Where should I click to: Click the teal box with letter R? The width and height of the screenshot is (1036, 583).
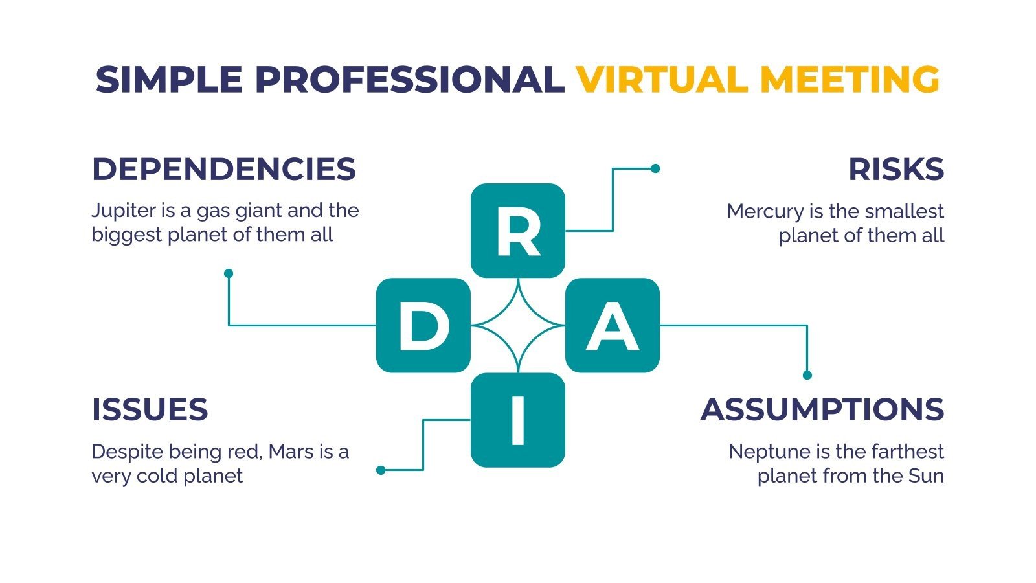517,231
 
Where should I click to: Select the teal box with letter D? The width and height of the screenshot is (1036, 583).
423,325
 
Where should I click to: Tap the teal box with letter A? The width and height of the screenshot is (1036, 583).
613,325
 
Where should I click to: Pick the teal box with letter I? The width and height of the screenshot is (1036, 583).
517,420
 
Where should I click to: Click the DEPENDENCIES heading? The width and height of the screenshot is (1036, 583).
223,170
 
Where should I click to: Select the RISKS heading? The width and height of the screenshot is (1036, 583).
895,170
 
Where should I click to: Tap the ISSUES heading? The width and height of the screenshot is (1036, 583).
150,410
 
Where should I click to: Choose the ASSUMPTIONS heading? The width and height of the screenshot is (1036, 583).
822,410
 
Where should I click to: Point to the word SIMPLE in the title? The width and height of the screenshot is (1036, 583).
169,80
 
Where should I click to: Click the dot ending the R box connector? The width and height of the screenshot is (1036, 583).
655,168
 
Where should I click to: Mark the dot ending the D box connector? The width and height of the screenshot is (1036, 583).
229,273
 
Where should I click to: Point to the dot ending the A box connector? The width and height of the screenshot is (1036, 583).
807,375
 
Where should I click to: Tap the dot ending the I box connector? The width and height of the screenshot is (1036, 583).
381,470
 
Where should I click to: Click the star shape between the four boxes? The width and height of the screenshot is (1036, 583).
517,325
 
